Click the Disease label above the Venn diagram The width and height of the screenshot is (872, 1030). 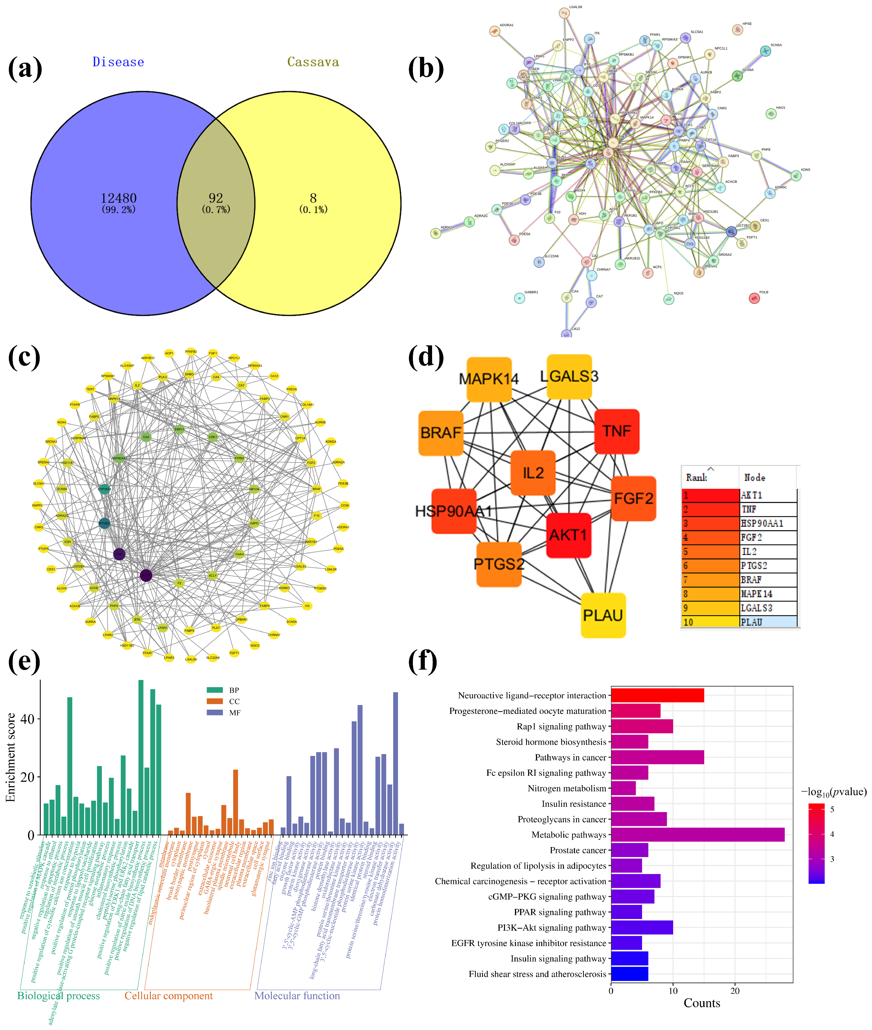click(118, 62)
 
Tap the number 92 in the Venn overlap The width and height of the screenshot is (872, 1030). click(216, 198)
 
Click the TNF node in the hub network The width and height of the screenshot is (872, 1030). click(617, 431)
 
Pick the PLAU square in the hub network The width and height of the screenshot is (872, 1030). click(603, 615)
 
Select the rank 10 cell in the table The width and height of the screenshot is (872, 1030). click(710, 622)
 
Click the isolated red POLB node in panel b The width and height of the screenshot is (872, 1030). click(754, 298)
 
